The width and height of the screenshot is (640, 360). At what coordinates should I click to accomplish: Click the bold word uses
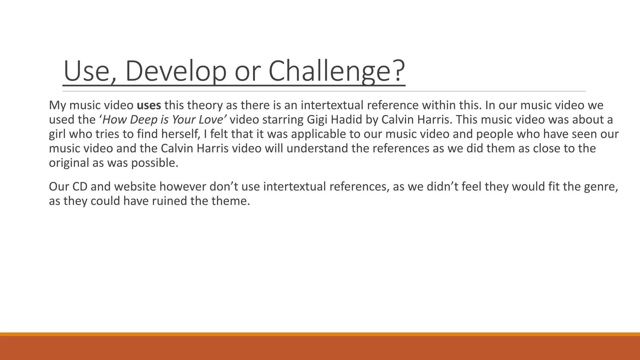[149, 105]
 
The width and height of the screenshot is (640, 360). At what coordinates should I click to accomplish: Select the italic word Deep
[144, 120]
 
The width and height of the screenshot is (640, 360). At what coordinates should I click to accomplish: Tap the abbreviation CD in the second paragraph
[80, 187]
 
